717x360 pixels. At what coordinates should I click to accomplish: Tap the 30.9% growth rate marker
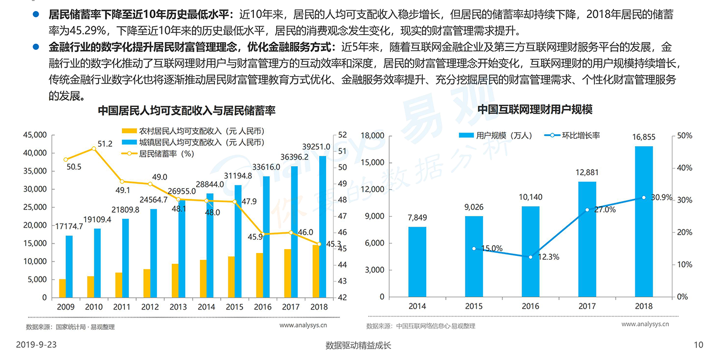point(644,197)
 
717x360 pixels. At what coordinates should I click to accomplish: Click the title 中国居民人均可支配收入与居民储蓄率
point(187,110)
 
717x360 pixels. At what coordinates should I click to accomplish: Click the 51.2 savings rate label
point(105,144)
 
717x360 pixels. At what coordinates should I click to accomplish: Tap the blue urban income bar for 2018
point(322,226)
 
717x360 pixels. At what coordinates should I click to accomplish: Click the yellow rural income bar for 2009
point(62,288)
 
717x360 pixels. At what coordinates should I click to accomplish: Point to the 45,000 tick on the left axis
point(35,135)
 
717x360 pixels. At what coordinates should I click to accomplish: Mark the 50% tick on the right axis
point(685,135)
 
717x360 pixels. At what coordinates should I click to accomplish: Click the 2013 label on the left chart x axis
point(178,307)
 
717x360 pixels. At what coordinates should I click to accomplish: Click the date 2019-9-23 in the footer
point(36,345)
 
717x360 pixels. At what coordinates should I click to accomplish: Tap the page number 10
point(698,345)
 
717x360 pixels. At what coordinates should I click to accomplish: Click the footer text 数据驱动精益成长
point(358,345)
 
